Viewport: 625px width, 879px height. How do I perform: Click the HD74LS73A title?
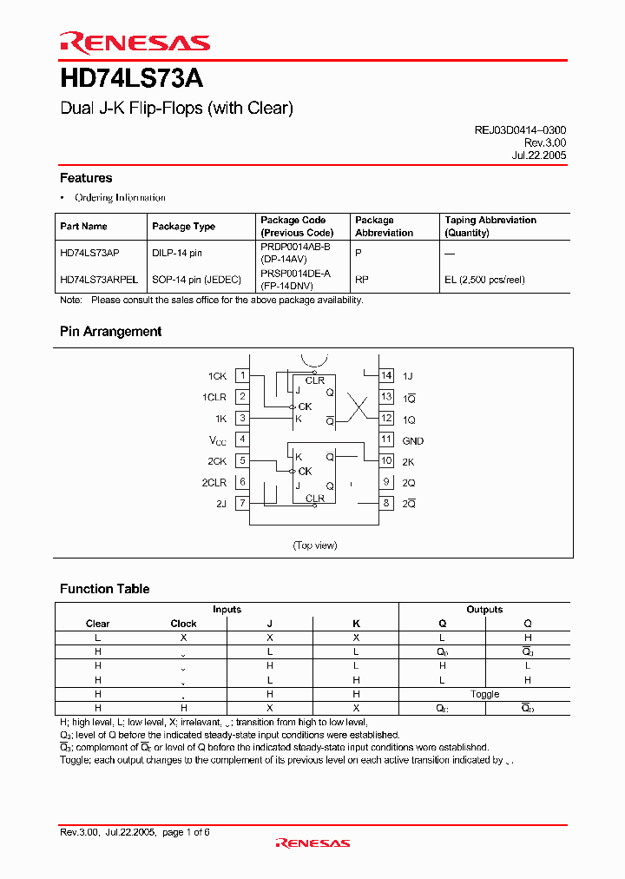tap(131, 79)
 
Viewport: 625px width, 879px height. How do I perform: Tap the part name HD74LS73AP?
tap(90, 252)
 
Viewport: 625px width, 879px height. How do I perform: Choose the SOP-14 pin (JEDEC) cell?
tap(197, 280)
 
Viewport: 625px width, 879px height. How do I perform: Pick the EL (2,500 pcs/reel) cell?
tap(484, 280)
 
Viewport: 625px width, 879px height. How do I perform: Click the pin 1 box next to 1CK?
tap(243, 375)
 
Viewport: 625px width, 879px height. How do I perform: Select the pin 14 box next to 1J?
tap(386, 375)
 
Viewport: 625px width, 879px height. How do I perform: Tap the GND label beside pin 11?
tap(413, 440)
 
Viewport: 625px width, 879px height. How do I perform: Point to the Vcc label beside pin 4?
tap(216, 440)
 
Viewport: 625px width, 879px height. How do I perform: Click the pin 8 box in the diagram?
tap(386, 503)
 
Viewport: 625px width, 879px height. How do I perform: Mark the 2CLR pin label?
tap(214, 482)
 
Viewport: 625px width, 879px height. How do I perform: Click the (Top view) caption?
tap(314, 545)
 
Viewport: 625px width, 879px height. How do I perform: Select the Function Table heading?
tap(104, 589)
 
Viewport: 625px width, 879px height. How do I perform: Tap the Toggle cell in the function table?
tap(484, 694)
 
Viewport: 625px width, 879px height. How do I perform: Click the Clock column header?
tap(183, 624)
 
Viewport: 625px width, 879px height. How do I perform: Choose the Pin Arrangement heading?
tap(110, 332)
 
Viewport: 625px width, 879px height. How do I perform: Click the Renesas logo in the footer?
tap(312, 843)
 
